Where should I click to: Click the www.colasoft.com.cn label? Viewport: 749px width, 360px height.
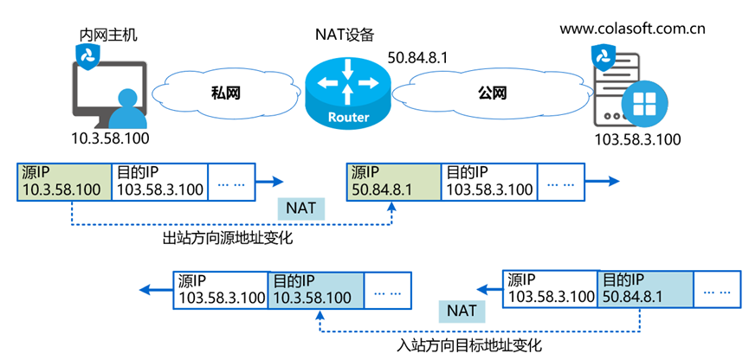[632, 29]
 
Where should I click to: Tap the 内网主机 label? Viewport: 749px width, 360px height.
[104, 35]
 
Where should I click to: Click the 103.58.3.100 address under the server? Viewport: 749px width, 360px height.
[637, 139]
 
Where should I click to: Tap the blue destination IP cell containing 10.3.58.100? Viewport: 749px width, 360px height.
[315, 289]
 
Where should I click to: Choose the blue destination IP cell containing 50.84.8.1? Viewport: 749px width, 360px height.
[644, 289]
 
